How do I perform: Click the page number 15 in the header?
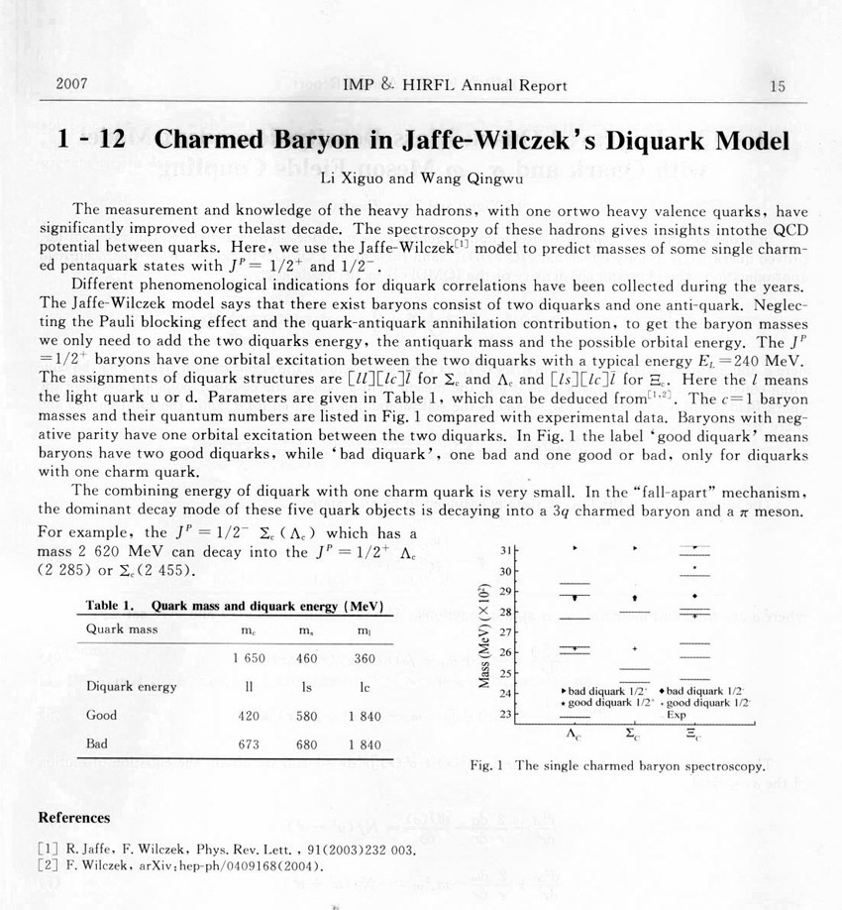pos(777,86)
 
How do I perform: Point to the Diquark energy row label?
pos(131,686)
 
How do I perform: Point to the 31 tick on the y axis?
pos(507,550)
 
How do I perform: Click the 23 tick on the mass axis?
pos(507,714)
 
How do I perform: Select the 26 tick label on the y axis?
pos(507,652)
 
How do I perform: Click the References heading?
pos(73,818)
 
